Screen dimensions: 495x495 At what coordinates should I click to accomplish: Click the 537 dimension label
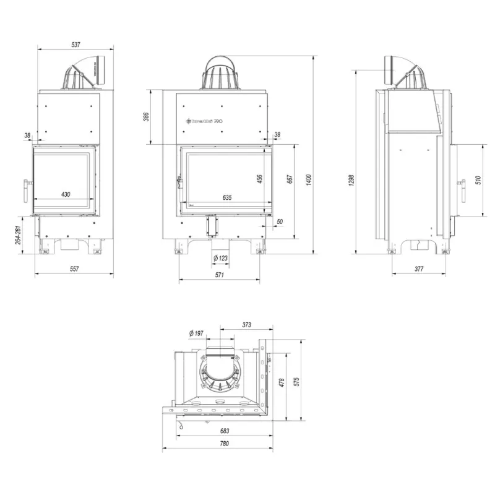76,45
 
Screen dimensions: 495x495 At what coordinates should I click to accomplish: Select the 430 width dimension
66,194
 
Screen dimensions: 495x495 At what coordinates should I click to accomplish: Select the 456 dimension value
260,178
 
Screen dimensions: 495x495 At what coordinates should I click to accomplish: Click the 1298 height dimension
351,179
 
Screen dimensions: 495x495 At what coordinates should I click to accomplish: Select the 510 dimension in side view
478,180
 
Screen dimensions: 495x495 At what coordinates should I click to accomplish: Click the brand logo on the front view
204,122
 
